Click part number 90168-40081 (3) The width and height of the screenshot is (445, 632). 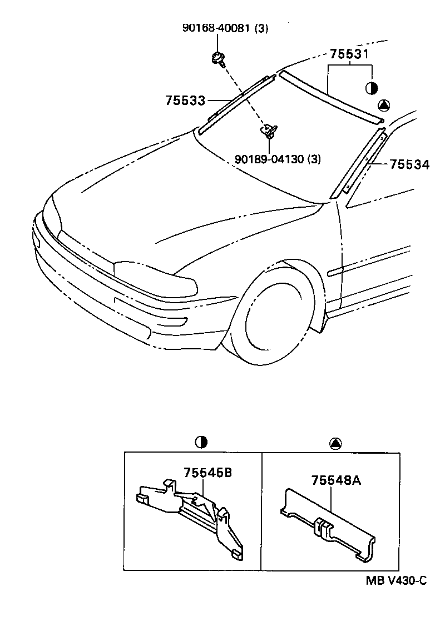click(225, 28)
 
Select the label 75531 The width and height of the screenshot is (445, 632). click(349, 54)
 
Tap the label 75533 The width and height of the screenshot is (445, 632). click(185, 101)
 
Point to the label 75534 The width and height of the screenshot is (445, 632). click(409, 164)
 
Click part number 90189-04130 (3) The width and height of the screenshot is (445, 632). click(274, 159)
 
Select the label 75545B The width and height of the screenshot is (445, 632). click(207, 473)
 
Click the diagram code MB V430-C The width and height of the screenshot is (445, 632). click(396, 581)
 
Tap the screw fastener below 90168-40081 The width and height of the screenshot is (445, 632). click(217, 58)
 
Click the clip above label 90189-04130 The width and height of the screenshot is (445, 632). click(269, 131)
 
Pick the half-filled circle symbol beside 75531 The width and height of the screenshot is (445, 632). click(372, 88)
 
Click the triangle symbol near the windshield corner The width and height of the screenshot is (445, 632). click(385, 105)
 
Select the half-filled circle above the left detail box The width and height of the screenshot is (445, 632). click(201, 442)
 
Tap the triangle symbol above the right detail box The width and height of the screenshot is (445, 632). click(335, 443)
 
